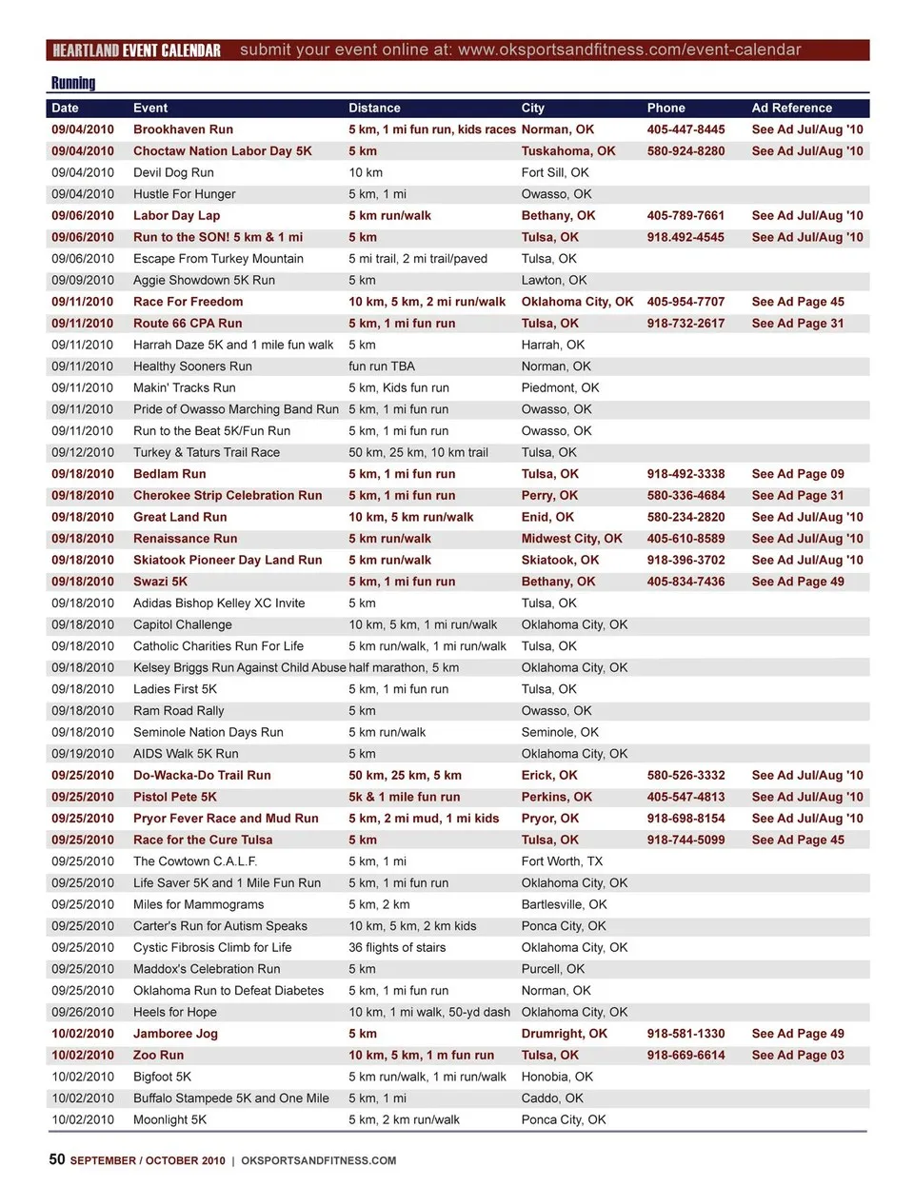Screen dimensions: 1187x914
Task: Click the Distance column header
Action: click(374, 109)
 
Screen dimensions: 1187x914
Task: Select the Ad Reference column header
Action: click(791, 109)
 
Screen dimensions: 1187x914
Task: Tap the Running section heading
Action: click(73, 83)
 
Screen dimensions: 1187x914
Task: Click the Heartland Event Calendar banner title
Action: click(136, 50)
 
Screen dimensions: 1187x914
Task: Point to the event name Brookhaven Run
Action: click(183, 129)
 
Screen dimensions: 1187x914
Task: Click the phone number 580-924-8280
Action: click(685, 151)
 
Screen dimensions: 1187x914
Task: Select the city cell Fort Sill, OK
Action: click(555, 172)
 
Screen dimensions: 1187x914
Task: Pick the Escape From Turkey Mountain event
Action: click(218, 259)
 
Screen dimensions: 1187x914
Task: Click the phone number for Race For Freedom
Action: click(685, 302)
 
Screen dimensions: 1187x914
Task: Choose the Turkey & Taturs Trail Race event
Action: click(207, 452)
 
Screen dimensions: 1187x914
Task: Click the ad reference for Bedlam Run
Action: click(798, 474)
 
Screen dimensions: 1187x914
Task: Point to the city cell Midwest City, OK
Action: click(571, 539)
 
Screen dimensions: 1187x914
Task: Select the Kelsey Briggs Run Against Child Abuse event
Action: click(239, 668)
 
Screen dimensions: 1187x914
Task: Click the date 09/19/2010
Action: click(83, 754)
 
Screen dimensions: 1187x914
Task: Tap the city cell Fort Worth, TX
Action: click(562, 861)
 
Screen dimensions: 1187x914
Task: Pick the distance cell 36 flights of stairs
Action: click(397, 947)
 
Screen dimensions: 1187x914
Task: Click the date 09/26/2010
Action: click(83, 1012)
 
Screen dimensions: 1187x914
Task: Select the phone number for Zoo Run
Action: click(685, 1055)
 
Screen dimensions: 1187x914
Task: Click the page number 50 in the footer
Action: click(57, 1158)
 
